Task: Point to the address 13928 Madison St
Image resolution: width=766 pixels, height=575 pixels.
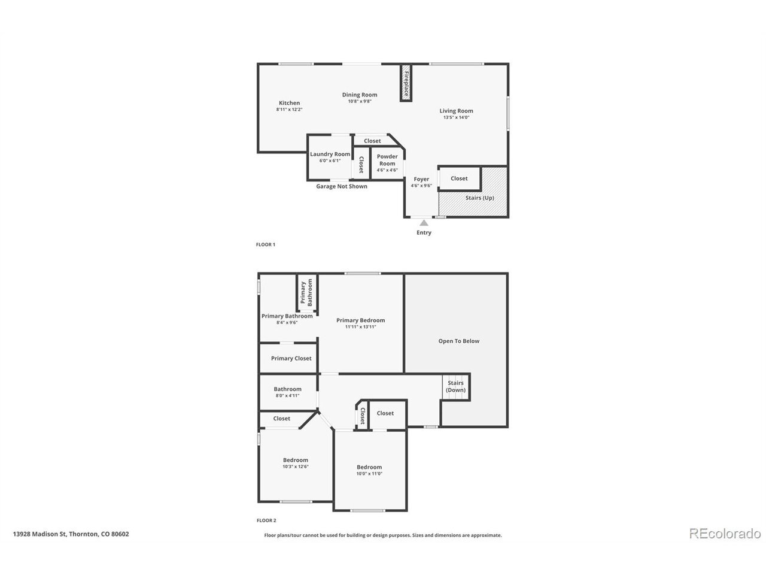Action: point(39,534)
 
